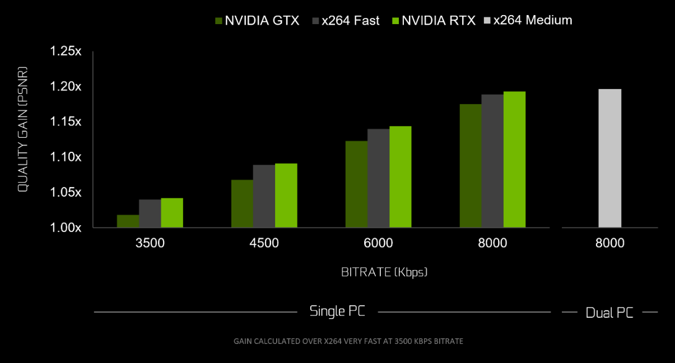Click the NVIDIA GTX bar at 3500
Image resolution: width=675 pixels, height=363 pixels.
pyautogui.click(x=128, y=221)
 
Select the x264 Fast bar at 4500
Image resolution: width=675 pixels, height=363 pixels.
pyautogui.click(x=264, y=196)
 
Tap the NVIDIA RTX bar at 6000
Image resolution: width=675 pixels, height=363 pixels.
pyautogui.click(x=401, y=177)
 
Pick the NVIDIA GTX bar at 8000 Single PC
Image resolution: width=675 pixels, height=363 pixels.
pyautogui.click(x=471, y=166)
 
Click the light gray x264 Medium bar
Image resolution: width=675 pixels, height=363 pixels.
pyautogui.click(x=609, y=159)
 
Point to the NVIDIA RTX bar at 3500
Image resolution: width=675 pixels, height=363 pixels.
pyautogui.click(x=172, y=213)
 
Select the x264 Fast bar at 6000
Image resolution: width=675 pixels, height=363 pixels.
pyautogui.click(x=379, y=178)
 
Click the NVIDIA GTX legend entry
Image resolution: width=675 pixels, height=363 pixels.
pyautogui.click(x=257, y=21)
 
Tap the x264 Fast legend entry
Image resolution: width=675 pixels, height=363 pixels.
pyautogui.click(x=345, y=21)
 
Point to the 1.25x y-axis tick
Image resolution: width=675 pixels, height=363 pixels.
pyautogui.click(x=66, y=52)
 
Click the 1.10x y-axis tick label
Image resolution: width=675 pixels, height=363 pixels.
pyautogui.click(x=66, y=157)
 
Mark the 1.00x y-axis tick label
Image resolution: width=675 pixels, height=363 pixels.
pyautogui.click(x=66, y=228)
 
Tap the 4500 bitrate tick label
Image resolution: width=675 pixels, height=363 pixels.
pyautogui.click(x=264, y=243)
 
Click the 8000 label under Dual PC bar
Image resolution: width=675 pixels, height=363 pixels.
pyautogui.click(x=609, y=243)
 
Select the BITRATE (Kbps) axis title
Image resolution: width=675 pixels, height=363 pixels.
pyautogui.click(x=384, y=272)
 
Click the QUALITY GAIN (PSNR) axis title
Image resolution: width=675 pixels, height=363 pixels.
pyautogui.click(x=23, y=130)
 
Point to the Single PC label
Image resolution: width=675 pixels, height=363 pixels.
pyautogui.click(x=337, y=311)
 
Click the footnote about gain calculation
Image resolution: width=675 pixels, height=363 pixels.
pyautogui.click(x=348, y=341)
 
